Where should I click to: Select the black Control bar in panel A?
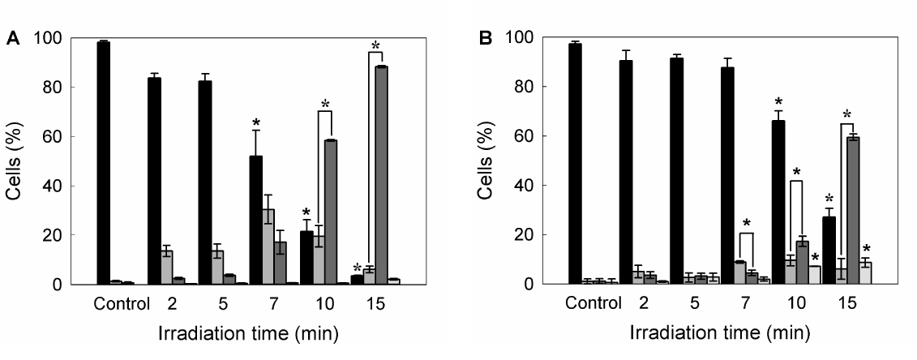[103, 162]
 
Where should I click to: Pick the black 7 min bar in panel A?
[255, 220]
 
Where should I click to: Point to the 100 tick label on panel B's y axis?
[520, 37]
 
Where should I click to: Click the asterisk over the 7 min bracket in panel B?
[747, 224]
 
